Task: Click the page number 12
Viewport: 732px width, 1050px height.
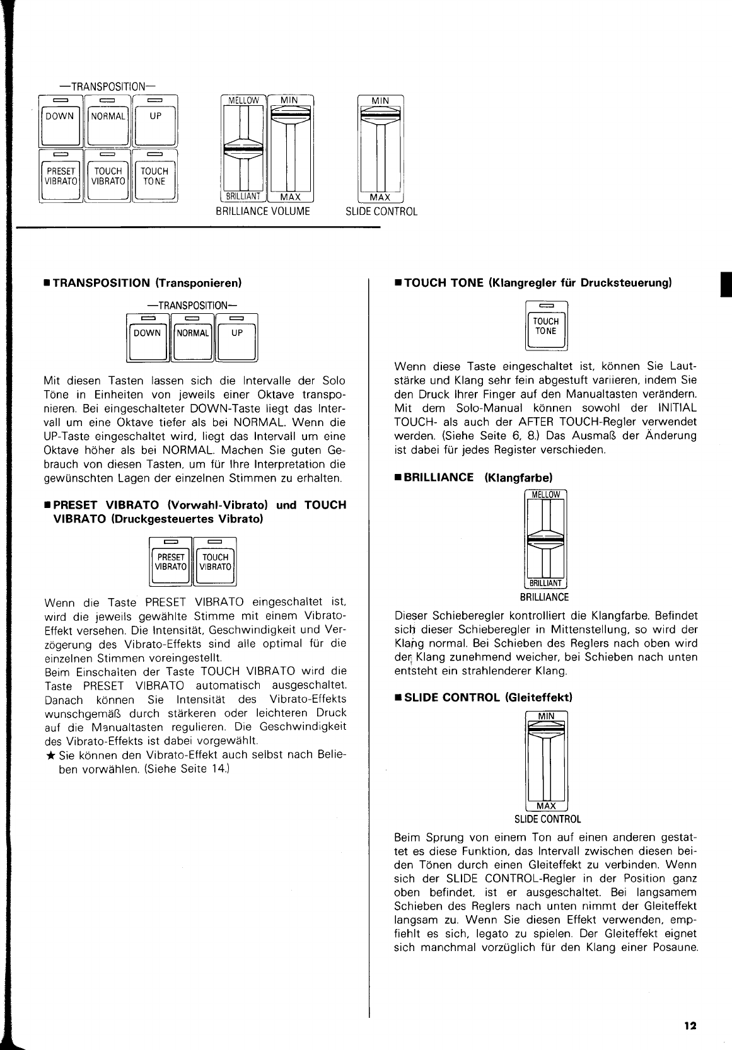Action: click(690, 1025)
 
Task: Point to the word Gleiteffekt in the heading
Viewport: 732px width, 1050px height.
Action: click(538, 698)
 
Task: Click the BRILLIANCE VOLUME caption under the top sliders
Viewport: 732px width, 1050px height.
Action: click(263, 212)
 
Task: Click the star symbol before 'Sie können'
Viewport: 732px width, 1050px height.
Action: click(50, 756)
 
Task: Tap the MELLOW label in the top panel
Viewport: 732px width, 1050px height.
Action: click(243, 100)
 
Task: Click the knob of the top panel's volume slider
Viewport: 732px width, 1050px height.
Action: click(290, 113)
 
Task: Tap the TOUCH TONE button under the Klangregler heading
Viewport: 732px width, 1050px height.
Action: click(546, 326)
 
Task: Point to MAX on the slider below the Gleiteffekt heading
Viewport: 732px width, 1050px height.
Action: click(546, 806)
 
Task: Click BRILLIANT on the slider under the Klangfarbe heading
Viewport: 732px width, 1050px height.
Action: click(546, 584)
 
